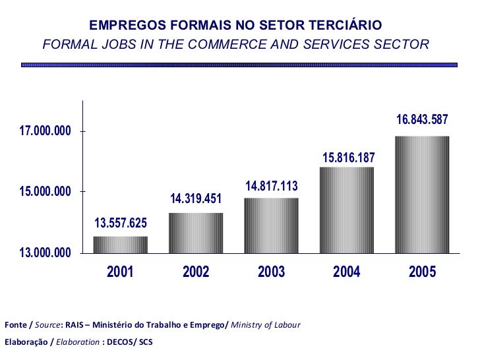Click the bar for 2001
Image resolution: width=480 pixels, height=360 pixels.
click(x=120, y=245)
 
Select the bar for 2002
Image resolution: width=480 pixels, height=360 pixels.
click(x=196, y=233)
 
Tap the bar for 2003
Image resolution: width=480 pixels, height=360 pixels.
click(x=271, y=225)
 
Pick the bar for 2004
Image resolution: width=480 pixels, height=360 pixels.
click(x=347, y=210)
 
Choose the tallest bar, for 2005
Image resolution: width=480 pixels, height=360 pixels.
click(x=422, y=195)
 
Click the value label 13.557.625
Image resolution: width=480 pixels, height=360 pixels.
click(x=121, y=222)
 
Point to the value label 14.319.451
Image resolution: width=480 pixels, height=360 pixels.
click(x=196, y=198)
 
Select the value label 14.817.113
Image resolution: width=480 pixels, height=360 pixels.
click(x=272, y=186)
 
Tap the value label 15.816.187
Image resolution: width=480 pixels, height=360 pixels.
click(x=348, y=158)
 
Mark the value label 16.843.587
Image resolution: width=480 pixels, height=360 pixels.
click(x=422, y=120)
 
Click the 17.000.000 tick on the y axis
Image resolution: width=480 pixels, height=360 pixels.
click(x=45, y=132)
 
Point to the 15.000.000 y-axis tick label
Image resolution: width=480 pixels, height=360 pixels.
click(x=45, y=192)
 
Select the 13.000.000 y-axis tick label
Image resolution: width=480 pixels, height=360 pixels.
click(x=45, y=253)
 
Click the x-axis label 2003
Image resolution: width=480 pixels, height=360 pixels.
click(x=271, y=272)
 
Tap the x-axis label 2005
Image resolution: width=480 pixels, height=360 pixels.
click(x=422, y=272)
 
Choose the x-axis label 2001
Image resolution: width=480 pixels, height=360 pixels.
click(x=120, y=272)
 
